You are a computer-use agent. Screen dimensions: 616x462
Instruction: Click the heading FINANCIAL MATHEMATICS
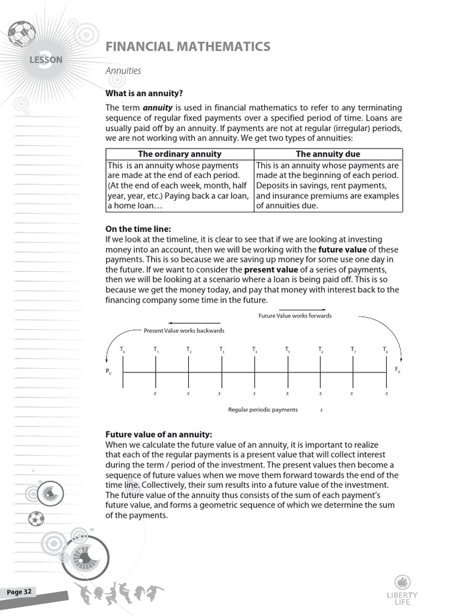click(188, 47)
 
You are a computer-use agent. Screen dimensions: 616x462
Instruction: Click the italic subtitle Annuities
click(123, 71)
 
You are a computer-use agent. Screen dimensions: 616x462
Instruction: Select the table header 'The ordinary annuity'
click(180, 154)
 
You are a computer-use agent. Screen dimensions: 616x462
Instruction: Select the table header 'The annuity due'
click(328, 154)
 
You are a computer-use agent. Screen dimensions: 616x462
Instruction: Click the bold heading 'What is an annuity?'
click(144, 93)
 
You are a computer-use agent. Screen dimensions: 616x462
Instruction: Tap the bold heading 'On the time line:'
click(138, 229)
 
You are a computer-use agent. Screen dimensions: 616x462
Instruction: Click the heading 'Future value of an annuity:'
click(159, 434)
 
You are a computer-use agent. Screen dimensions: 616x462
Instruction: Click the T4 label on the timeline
click(254, 350)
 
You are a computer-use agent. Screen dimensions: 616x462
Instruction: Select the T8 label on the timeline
click(385, 350)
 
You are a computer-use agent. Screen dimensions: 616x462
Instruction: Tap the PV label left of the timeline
click(109, 372)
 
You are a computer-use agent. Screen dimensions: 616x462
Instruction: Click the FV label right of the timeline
click(397, 370)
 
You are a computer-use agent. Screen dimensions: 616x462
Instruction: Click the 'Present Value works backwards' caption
click(184, 331)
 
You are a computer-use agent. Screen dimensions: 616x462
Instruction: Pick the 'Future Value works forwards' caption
click(295, 316)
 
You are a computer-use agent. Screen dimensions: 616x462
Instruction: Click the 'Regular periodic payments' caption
click(263, 410)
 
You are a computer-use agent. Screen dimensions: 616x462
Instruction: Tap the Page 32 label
click(19, 592)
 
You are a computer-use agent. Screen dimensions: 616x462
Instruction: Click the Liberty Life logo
click(402, 590)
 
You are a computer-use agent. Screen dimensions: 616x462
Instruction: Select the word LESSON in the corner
click(46, 60)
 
